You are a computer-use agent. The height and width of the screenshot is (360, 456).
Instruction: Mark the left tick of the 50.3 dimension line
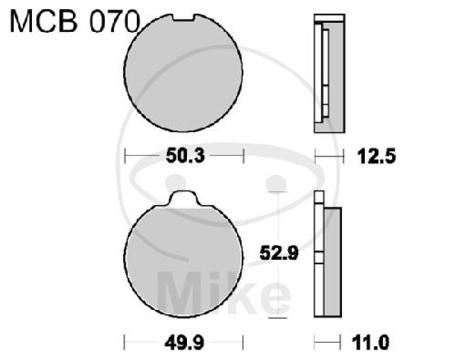pyautogui.click(x=125, y=155)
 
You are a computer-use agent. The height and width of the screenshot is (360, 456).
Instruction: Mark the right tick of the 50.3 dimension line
pyautogui.click(x=243, y=155)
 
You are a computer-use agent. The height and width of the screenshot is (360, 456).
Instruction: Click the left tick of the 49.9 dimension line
pyautogui.click(x=125, y=343)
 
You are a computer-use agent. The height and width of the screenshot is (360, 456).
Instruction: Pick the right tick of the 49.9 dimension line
pyautogui.click(x=243, y=343)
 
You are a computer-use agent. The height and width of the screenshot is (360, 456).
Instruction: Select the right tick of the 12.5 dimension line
pyautogui.click(x=344, y=155)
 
